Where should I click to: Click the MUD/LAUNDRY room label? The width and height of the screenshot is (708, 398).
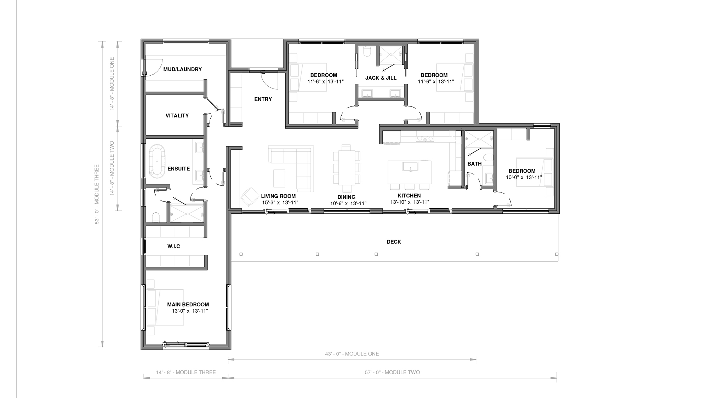tap(182, 69)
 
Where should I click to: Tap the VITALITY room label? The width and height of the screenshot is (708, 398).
tap(177, 116)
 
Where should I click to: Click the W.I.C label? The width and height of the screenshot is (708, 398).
tap(174, 246)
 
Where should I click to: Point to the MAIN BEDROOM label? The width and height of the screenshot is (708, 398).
tap(188, 305)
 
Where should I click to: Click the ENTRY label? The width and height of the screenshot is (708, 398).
tap(263, 99)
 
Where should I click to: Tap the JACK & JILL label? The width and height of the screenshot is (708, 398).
tap(381, 78)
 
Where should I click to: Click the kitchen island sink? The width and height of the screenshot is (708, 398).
tap(410, 166)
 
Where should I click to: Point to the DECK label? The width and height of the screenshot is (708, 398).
tap(394, 242)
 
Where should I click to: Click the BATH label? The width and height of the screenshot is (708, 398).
tap(474, 164)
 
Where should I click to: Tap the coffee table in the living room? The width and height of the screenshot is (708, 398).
tap(279, 178)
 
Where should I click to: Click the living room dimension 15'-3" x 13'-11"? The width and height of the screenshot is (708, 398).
tap(280, 203)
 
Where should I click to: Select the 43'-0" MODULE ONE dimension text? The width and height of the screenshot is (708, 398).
tap(352, 354)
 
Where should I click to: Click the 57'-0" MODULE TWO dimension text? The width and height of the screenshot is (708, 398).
tap(392, 372)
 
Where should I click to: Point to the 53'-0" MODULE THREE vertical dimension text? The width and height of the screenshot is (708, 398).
tap(97, 194)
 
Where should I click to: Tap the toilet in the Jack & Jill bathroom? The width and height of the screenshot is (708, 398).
tap(367, 52)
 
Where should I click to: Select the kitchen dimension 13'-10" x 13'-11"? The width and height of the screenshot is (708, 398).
tap(410, 202)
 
